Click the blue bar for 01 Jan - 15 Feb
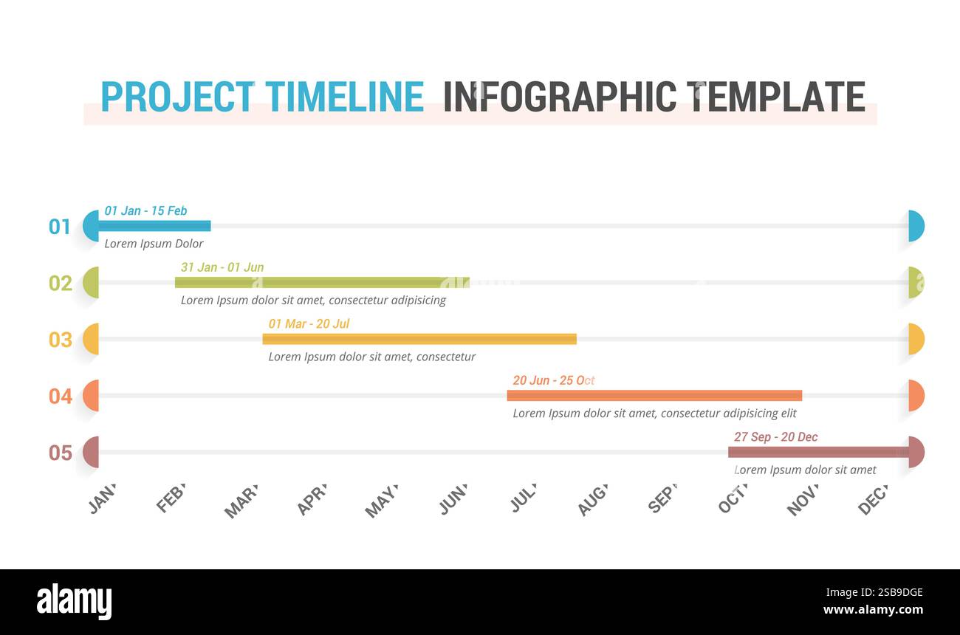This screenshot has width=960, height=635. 155,226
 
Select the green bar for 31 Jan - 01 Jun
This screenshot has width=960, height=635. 322,282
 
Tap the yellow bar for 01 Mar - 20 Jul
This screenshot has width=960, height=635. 419,339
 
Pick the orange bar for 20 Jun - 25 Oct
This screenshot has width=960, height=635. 654,396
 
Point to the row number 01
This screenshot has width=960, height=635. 60,227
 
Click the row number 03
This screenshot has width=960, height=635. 60,340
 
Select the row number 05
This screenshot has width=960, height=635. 60,453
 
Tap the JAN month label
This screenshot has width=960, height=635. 102,499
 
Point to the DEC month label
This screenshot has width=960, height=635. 872,500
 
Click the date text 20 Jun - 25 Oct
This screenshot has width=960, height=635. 553,380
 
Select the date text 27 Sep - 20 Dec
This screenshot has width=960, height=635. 775,437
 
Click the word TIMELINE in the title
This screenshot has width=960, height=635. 344,97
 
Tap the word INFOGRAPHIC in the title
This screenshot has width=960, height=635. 560,97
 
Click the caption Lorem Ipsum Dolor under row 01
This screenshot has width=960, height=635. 154,244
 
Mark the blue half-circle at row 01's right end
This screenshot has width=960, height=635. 916,226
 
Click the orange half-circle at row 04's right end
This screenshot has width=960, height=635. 916,396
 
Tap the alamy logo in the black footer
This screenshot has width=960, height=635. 74,602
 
